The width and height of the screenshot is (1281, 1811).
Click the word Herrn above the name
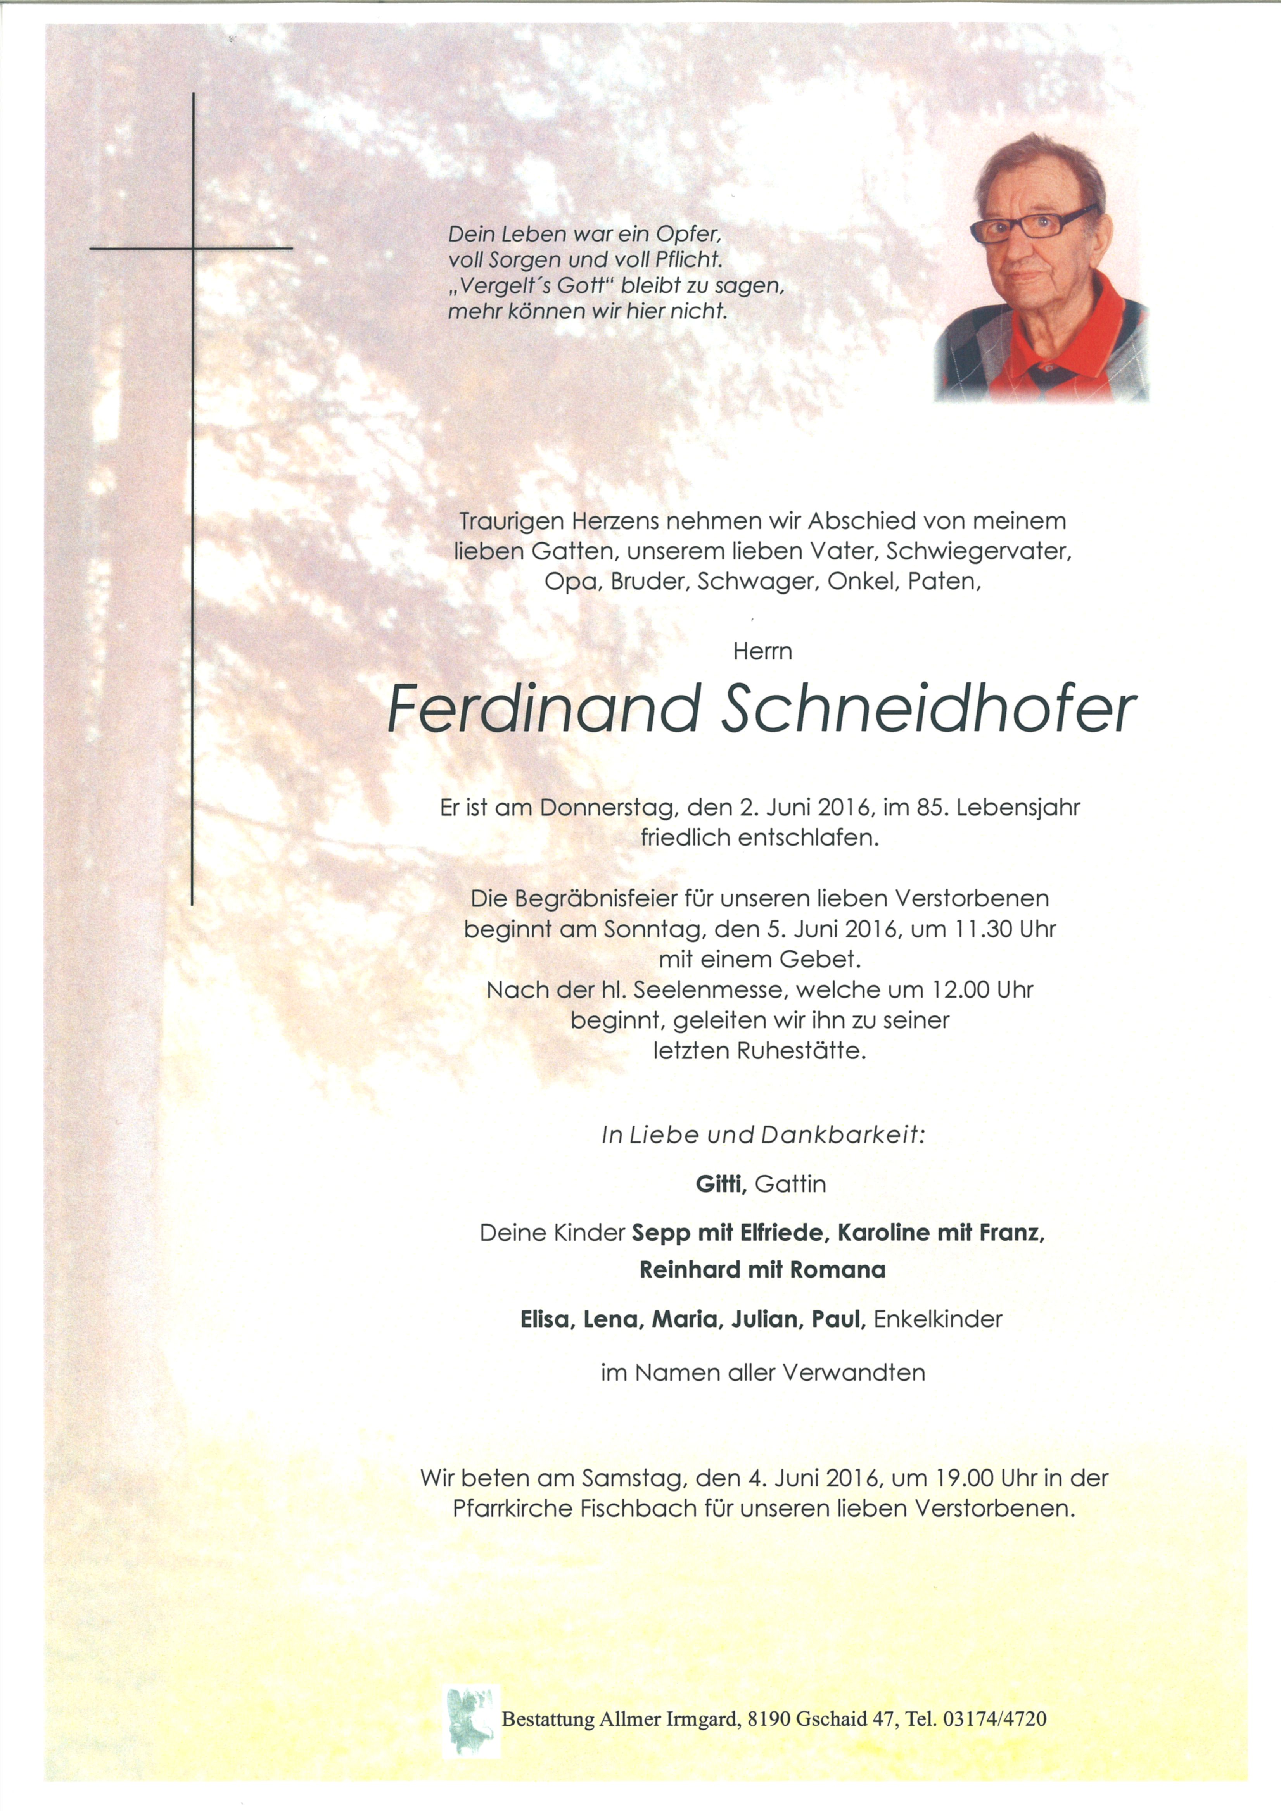pos(762,651)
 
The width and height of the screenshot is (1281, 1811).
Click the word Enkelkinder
pos(938,1319)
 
